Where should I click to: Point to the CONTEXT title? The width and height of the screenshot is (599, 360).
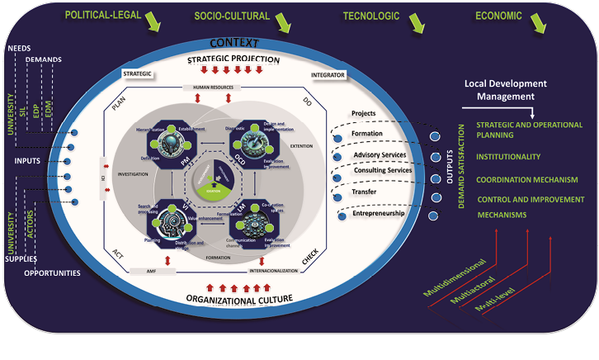point(233,42)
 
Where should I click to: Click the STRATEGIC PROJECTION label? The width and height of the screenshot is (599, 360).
point(233,59)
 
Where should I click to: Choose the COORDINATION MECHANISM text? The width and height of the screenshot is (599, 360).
point(526,178)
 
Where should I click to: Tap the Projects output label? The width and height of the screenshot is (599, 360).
point(364,112)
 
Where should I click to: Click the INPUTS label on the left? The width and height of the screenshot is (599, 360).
point(29,160)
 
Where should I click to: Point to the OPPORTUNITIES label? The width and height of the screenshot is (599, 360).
point(51,272)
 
